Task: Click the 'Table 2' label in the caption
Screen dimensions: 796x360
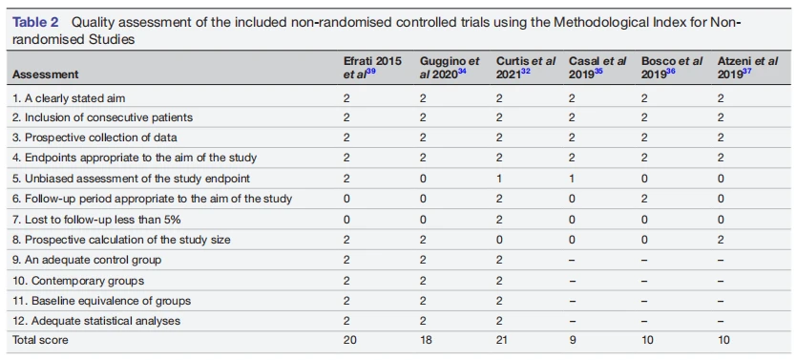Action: [35, 22]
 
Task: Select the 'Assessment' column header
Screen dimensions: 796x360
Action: [46, 74]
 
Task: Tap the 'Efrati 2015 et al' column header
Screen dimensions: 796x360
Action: [372, 68]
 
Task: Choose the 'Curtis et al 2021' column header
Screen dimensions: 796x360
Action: [526, 68]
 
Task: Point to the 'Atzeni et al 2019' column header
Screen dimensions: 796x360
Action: [747, 68]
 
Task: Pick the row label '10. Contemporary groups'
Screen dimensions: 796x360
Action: [78, 281]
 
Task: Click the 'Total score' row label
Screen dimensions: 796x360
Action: [40, 340]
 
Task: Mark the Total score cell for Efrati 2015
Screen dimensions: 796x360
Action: [349, 340]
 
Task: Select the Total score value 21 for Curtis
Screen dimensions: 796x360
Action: [503, 340]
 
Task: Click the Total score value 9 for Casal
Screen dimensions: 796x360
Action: [572, 340]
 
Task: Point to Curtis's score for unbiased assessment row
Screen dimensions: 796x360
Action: [499, 179]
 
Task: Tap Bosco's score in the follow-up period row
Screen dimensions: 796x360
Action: [644, 199]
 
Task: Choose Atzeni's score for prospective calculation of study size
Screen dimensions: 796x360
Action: [721, 239]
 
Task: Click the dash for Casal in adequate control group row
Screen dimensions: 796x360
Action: [572, 260]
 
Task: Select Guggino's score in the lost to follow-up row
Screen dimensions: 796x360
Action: [424, 219]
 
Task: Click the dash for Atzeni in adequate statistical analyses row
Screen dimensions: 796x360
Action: [721, 321]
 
